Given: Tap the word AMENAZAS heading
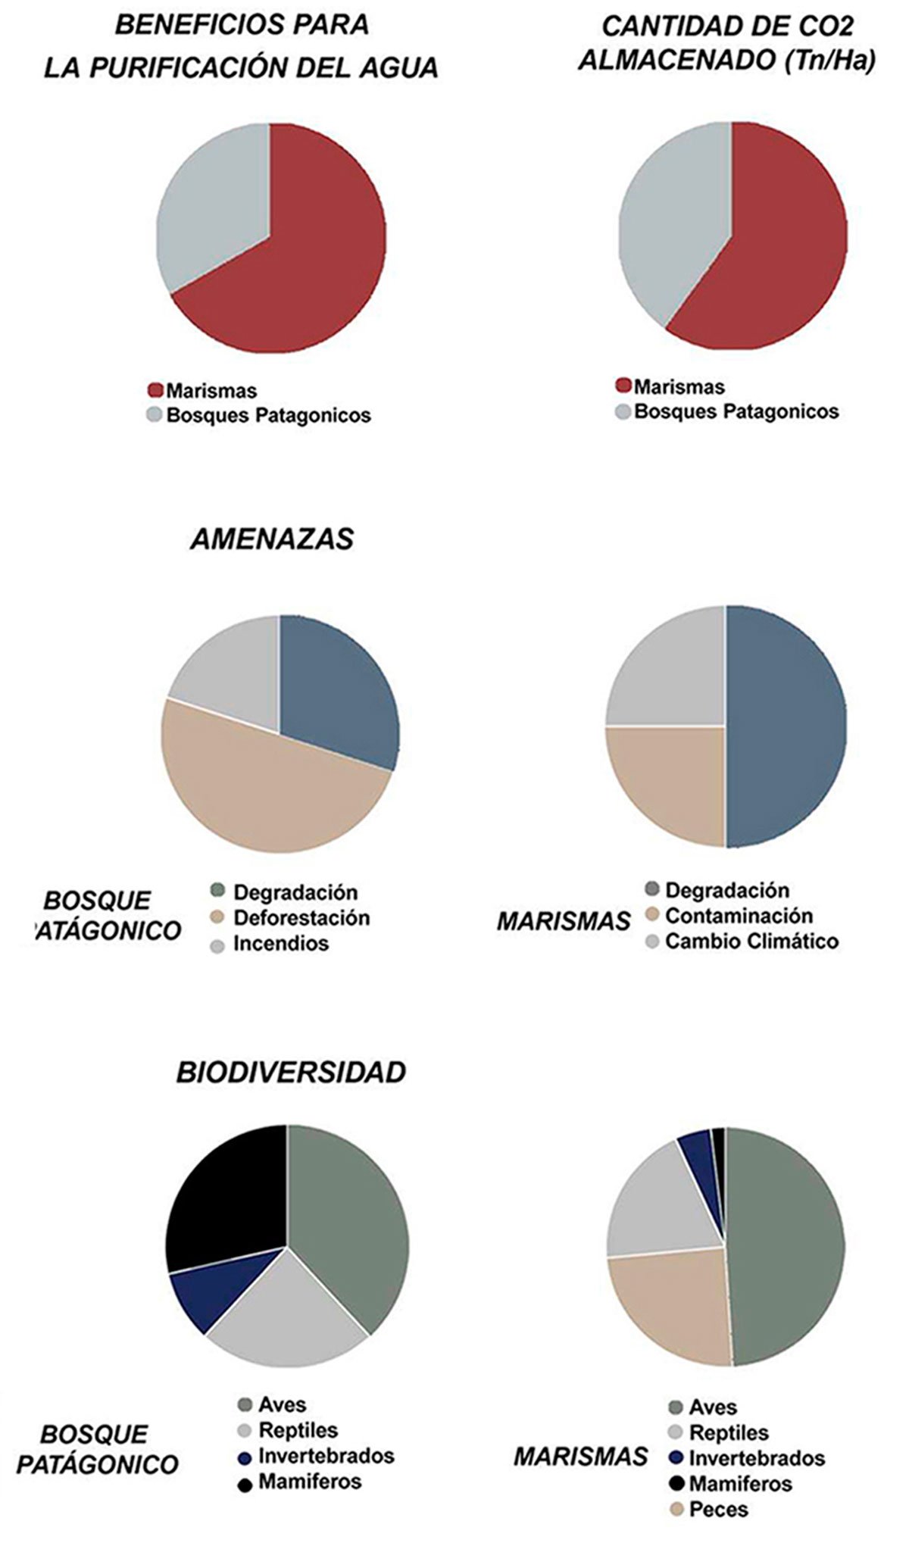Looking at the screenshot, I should point(272,539).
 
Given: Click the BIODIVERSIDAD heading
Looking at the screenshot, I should point(291,1072).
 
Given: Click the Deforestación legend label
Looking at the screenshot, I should point(301,918).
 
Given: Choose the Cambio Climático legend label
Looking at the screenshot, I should point(751,942).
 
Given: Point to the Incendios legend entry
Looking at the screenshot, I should point(280,944).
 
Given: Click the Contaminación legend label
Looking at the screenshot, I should point(739,916).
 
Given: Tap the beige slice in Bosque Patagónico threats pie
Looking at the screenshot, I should point(273,795).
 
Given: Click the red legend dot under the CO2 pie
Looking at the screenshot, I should point(623,386).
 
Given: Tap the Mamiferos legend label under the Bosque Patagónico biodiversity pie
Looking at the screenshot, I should point(310,1481).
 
